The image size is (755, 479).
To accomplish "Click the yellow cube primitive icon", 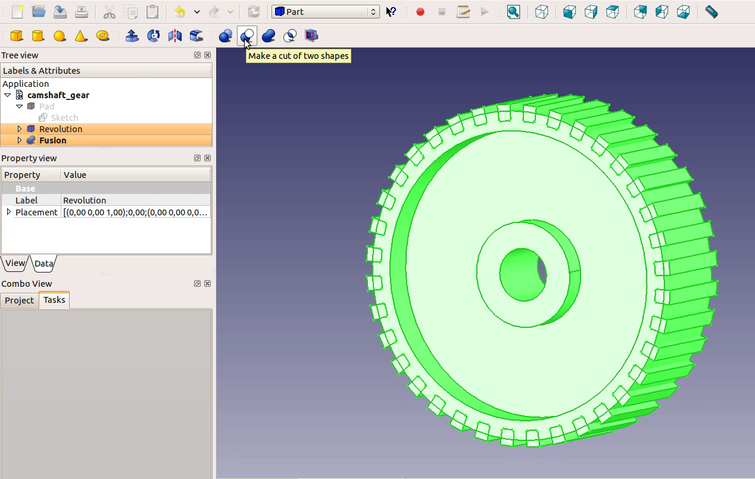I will (17, 36).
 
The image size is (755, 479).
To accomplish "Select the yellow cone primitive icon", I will (81, 36).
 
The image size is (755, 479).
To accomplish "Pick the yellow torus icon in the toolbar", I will (102, 36).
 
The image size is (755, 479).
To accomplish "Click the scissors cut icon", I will (109, 12).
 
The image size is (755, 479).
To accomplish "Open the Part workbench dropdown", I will (325, 12).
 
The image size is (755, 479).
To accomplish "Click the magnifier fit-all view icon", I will (513, 12).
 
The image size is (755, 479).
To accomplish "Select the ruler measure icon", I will (711, 12).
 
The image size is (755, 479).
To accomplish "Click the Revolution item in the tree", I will (61, 129).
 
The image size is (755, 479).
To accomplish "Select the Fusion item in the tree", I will (52, 140).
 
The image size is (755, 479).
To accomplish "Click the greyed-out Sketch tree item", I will (64, 118).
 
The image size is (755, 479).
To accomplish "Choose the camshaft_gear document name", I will (58, 95).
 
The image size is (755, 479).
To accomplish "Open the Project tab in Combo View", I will (19, 300).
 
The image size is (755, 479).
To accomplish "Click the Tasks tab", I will (54, 300).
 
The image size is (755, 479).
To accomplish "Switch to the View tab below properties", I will (15, 263).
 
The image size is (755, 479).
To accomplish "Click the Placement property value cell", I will (136, 212).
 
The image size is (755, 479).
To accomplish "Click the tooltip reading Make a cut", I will (298, 56).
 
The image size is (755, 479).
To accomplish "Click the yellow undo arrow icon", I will (180, 12).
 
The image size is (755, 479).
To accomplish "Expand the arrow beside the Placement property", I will (8, 212).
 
